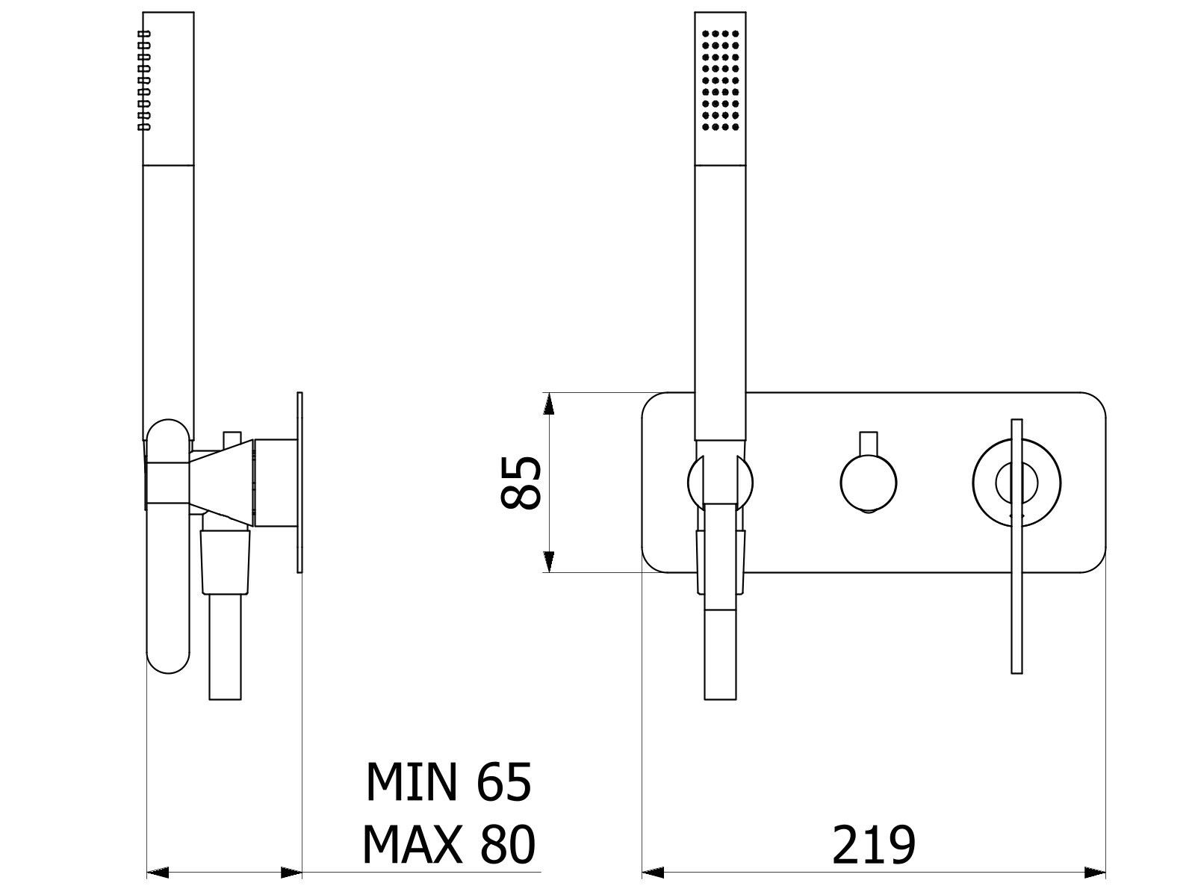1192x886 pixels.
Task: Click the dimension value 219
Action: click(873, 845)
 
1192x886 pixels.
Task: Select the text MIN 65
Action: click(448, 782)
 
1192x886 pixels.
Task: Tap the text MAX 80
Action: click(448, 845)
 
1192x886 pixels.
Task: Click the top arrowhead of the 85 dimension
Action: click(549, 403)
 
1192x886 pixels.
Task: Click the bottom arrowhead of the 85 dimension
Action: click(549, 562)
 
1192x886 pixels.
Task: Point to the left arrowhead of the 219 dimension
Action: click(654, 872)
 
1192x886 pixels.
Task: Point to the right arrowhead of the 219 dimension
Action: click(1095, 872)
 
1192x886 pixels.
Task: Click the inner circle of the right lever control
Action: click(1016, 483)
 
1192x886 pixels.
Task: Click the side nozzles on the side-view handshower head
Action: click(144, 81)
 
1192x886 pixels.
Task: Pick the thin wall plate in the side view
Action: click(300, 482)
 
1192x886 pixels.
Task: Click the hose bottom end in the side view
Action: click(225, 687)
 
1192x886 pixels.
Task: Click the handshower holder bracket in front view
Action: click(721, 482)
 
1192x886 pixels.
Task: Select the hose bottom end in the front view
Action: click(721, 687)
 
